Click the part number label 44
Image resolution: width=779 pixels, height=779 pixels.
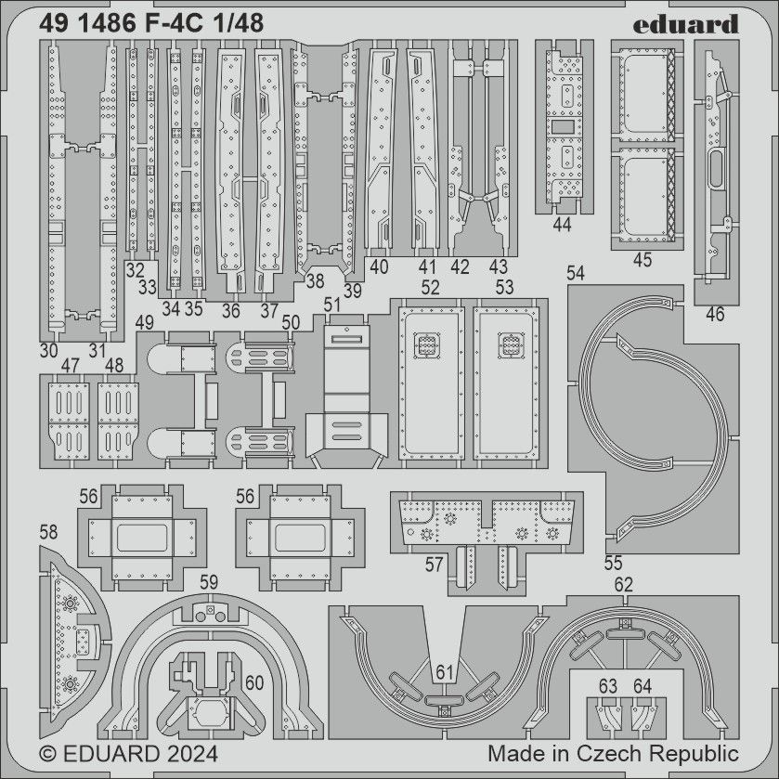pos(561,226)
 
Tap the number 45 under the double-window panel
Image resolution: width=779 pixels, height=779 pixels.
pos(643,260)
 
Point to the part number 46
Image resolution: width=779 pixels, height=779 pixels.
pos(714,315)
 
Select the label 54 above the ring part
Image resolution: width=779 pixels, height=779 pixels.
pos(576,273)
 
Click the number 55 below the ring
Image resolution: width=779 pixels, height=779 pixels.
pos(612,563)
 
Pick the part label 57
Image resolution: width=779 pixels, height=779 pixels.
pos(434,565)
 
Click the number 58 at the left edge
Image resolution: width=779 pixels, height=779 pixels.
pos(49,532)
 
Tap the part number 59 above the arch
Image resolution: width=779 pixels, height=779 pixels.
pos(209,582)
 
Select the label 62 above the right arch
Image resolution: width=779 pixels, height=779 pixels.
pos(623,585)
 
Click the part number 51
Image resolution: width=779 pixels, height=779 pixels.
pos(332,305)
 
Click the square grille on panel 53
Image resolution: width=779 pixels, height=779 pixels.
pos(510,345)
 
